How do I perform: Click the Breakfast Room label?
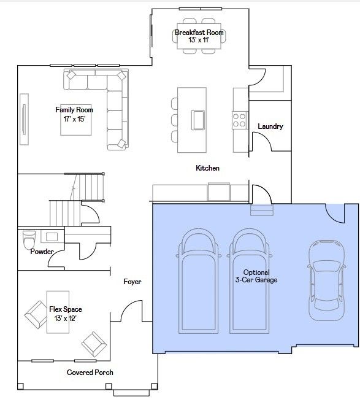(199, 33)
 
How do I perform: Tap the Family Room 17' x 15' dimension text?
(74, 119)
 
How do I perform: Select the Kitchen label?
(207, 168)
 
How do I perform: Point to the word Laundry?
(270, 126)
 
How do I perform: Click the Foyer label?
(132, 282)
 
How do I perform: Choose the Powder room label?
(42, 252)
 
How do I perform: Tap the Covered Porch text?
(90, 373)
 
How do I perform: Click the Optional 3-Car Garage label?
(256, 276)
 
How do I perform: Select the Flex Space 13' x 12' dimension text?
(66, 319)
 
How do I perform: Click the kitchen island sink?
(198, 120)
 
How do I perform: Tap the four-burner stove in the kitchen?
(240, 120)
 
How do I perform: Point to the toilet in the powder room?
(29, 240)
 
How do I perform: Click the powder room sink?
(52, 237)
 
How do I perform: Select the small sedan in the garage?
(326, 280)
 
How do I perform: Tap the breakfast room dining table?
(199, 36)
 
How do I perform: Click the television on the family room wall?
(24, 119)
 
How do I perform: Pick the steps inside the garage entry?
(262, 210)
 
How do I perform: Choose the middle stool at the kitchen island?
(175, 120)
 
